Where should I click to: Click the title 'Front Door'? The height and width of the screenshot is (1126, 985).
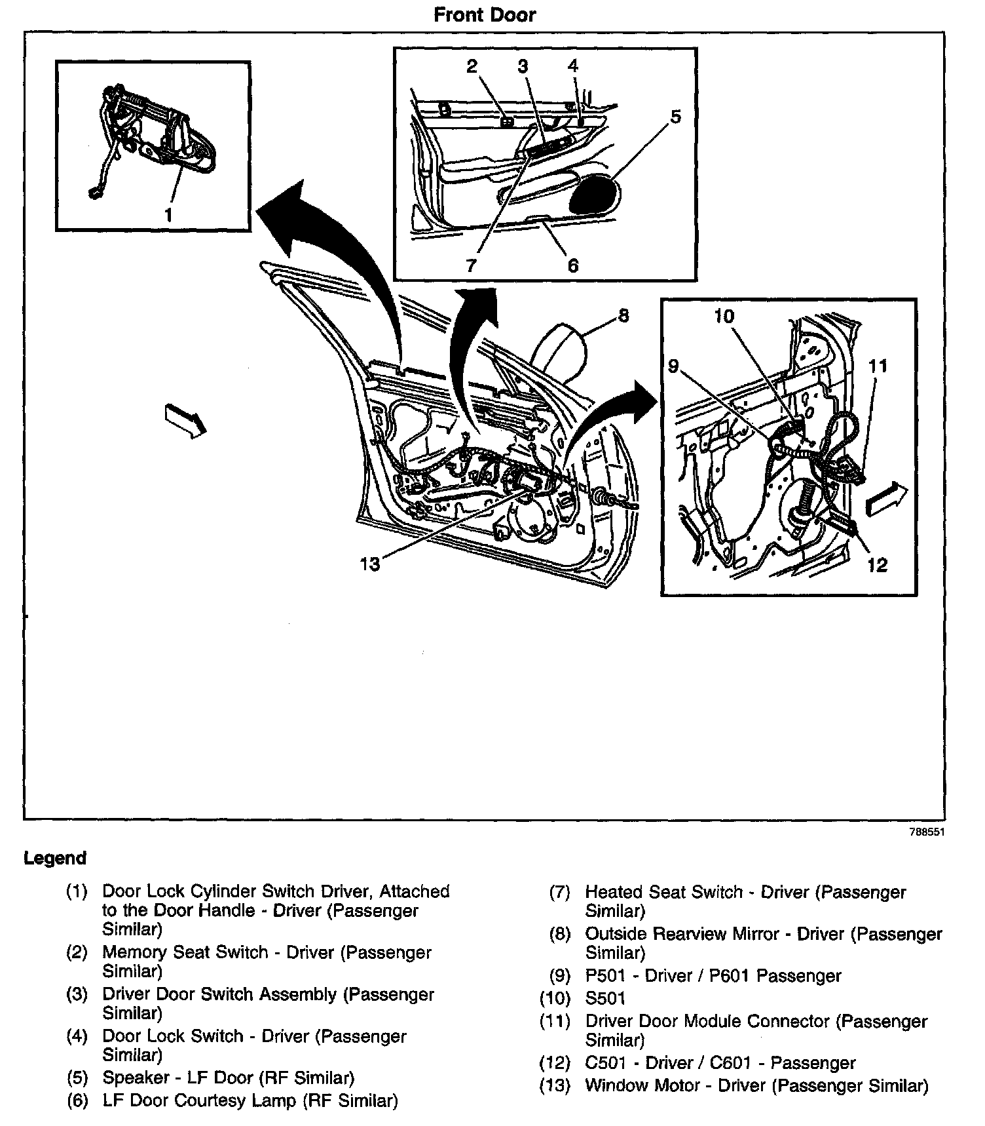pyautogui.click(x=485, y=14)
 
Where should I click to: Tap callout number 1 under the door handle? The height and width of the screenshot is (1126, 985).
pyautogui.click(x=168, y=214)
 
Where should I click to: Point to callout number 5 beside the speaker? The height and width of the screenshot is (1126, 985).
pyautogui.click(x=675, y=117)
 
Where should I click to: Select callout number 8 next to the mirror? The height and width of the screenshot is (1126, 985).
pyautogui.click(x=623, y=316)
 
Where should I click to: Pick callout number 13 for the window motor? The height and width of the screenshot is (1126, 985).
pyautogui.click(x=370, y=563)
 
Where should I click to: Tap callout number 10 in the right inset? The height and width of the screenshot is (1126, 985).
pyautogui.click(x=724, y=316)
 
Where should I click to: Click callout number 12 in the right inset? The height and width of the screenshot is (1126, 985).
pyautogui.click(x=877, y=564)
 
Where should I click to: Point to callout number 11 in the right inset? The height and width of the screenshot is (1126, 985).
pyautogui.click(x=878, y=365)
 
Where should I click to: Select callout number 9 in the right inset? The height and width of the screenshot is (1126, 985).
pyautogui.click(x=674, y=365)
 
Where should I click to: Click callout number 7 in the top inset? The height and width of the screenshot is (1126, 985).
pyautogui.click(x=472, y=265)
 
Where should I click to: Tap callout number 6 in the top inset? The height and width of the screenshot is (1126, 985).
pyautogui.click(x=572, y=265)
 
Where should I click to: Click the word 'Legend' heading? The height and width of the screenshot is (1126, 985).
pyautogui.click(x=55, y=858)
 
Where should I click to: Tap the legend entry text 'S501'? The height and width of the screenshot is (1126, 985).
pyautogui.click(x=605, y=998)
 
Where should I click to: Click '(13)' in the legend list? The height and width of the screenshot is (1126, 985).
pyautogui.click(x=555, y=1085)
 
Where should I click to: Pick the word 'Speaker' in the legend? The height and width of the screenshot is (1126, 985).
pyautogui.click(x=136, y=1077)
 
